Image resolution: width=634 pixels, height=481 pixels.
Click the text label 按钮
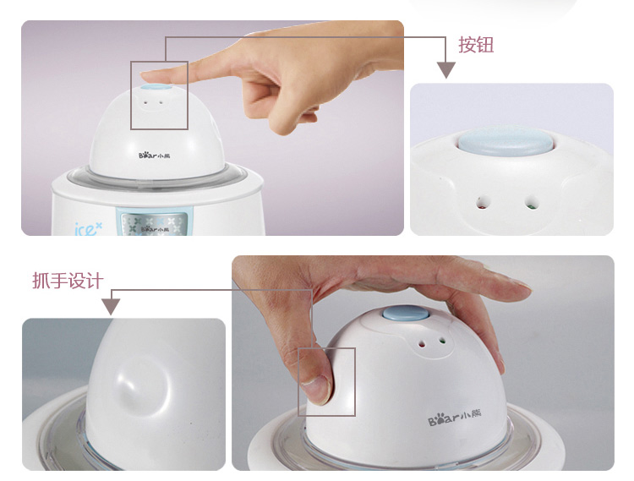(476, 45)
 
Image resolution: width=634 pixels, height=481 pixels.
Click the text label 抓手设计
(68, 281)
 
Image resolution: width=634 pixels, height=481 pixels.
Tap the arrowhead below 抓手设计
(111, 307)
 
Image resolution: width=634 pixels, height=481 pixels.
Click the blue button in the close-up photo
(506, 141)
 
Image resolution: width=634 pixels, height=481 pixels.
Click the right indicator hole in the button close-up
(532, 201)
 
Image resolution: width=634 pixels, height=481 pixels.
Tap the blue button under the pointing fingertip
(157, 89)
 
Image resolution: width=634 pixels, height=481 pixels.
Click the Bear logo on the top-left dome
(154, 156)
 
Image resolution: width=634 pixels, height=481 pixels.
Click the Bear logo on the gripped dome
(455, 418)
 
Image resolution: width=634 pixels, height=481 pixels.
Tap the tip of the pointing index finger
(142, 75)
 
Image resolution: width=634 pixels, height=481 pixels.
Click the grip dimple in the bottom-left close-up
(141, 386)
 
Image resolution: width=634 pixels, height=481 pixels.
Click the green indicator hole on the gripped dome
(442, 342)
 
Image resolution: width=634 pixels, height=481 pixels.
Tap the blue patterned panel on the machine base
(154, 223)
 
